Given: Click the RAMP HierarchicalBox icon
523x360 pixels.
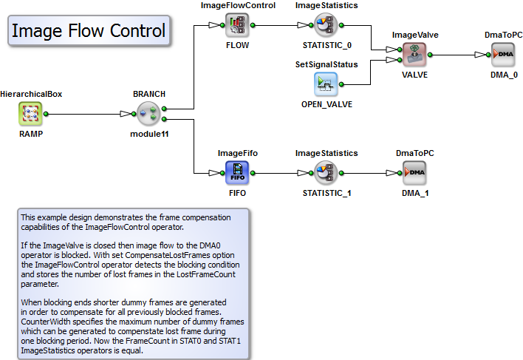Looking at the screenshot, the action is click(x=30, y=114).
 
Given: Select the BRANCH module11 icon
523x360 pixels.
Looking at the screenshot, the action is click(x=148, y=114).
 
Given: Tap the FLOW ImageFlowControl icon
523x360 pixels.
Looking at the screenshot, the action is click(x=237, y=25).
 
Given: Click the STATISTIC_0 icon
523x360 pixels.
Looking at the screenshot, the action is click(x=326, y=25).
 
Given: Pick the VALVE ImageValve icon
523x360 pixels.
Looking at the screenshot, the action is click(x=414, y=55).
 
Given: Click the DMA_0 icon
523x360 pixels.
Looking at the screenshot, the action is click(x=503, y=55).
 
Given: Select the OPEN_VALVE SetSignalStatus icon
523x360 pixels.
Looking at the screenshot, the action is click(x=326, y=84).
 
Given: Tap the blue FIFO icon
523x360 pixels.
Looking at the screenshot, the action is click(x=237, y=173).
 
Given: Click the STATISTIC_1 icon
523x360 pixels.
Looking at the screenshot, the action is click(x=326, y=173).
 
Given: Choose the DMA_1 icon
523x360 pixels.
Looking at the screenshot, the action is click(x=414, y=173).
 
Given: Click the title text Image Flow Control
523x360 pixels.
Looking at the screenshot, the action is click(x=89, y=31).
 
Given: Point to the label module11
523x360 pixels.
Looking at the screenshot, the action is click(x=149, y=134).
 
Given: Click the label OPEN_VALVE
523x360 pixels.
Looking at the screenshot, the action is click(x=327, y=104).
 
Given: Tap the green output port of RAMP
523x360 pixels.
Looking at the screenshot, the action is click(x=46, y=114).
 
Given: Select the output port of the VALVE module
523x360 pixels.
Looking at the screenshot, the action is click(x=430, y=55).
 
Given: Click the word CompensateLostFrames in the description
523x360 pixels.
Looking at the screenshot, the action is click(x=180, y=255).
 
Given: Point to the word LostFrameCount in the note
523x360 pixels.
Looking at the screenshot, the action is click(x=206, y=274).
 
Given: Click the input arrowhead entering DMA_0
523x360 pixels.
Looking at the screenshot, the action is click(x=480, y=55).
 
